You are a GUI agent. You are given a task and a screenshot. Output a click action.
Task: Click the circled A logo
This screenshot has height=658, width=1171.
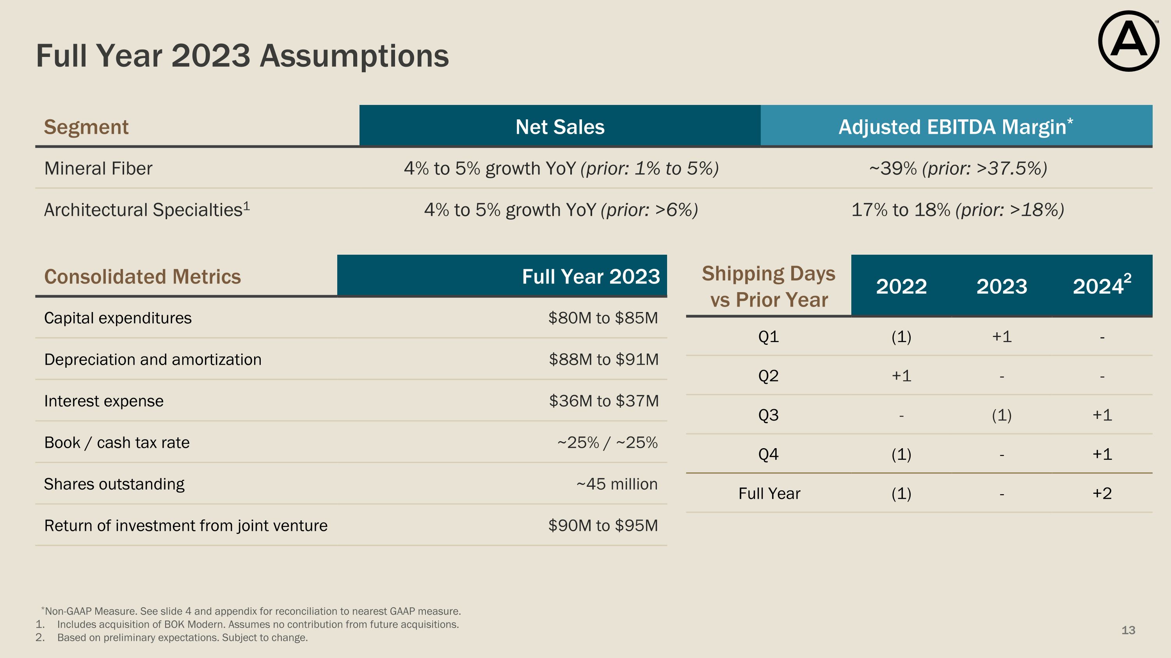[x=1128, y=41]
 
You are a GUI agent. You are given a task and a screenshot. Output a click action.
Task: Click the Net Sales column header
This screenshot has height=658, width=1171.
[x=560, y=127]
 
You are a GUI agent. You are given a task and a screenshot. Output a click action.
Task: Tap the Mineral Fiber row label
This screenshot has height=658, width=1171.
[x=98, y=168]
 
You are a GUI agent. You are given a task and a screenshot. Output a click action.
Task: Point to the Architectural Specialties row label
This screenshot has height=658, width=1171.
[x=146, y=210]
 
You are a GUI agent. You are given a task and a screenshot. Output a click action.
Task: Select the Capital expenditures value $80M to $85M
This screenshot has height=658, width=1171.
[x=603, y=318]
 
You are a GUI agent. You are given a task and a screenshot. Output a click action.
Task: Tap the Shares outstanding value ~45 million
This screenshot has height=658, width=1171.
[x=616, y=484]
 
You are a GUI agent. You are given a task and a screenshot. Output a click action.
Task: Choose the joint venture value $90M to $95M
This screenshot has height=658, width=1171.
[x=603, y=525]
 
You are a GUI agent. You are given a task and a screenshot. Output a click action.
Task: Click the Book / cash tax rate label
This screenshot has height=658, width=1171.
[x=117, y=443]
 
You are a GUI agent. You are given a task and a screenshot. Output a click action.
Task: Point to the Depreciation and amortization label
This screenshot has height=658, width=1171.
[x=153, y=360]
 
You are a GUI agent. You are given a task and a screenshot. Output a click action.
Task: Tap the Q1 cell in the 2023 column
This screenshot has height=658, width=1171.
[x=1002, y=337]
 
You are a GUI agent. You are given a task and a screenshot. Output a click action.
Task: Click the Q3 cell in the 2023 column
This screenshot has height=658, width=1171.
[x=1002, y=415]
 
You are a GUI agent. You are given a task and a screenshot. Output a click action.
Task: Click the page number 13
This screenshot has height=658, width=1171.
[x=1128, y=630]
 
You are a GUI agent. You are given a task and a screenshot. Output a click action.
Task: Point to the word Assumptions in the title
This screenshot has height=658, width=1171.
[x=354, y=56]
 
